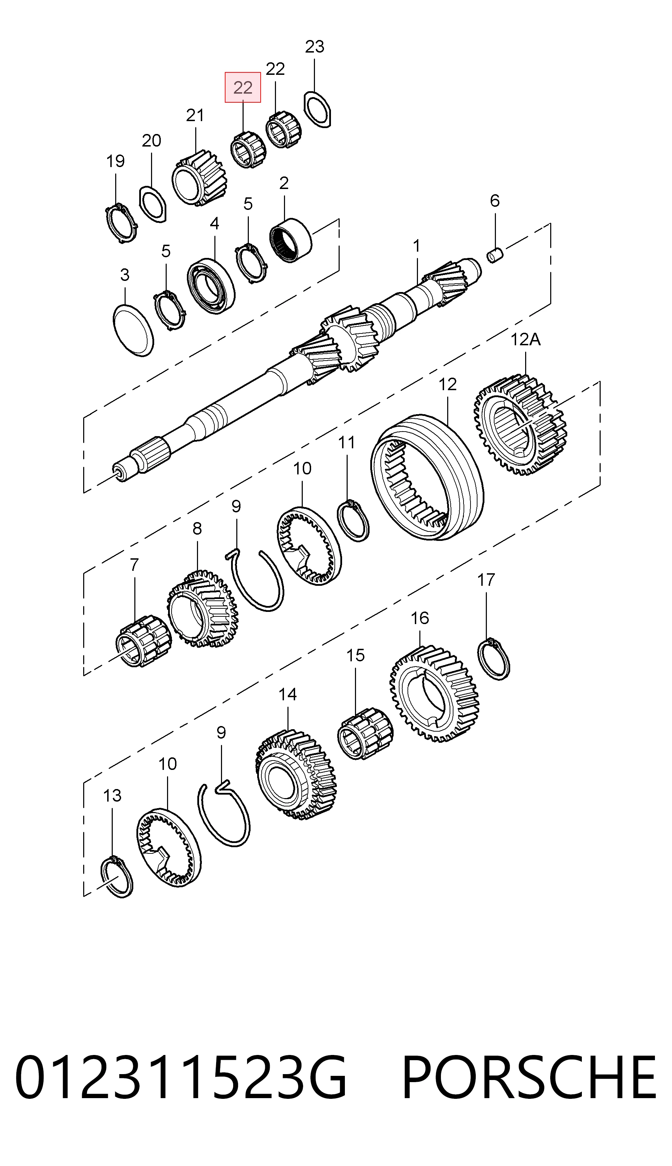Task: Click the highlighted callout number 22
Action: tap(243, 87)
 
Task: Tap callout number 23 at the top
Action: tap(315, 47)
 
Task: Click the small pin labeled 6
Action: tap(496, 255)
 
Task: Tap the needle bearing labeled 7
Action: tap(143, 641)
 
